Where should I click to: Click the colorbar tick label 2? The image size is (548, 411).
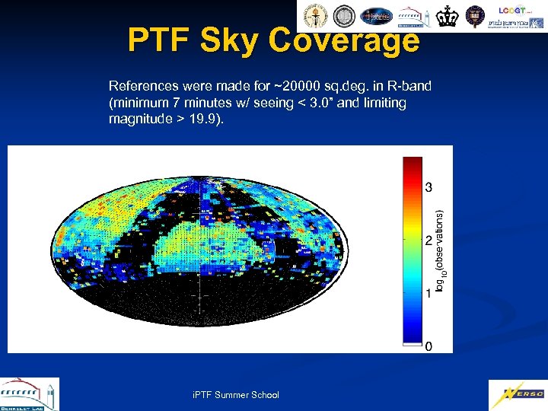(x=429, y=240)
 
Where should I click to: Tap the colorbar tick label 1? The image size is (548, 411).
(x=429, y=293)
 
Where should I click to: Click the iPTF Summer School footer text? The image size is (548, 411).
(x=236, y=394)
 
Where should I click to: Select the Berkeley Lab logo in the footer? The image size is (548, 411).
(x=28, y=394)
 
